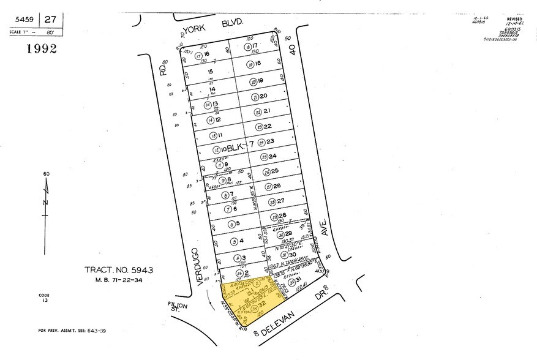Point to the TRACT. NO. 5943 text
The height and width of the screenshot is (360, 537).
pos(118,269)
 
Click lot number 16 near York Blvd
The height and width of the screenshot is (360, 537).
pos(206,54)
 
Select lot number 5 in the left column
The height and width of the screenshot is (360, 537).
pos(241,223)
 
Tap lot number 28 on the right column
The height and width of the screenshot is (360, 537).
pos(282,216)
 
